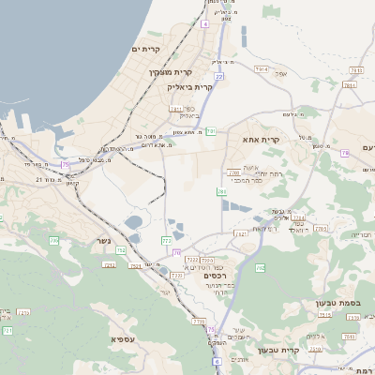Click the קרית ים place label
(x=147, y=49)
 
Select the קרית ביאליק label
(x=191, y=86)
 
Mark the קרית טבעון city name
(x=302, y=351)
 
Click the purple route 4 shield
(x=205, y=24)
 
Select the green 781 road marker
(x=212, y=132)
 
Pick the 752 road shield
(x=120, y=249)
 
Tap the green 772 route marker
(x=167, y=241)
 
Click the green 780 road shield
(x=222, y=192)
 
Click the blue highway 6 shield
(x=217, y=361)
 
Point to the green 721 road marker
(x=7, y=331)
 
